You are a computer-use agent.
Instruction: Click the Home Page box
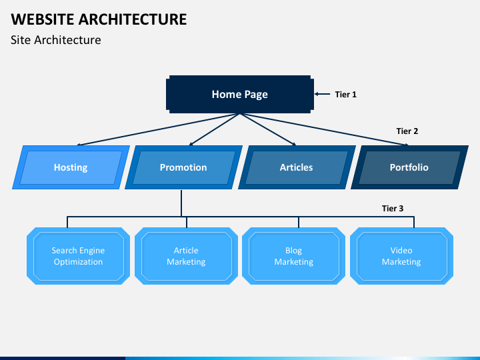tap(240, 94)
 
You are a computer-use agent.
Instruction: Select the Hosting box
tap(71, 167)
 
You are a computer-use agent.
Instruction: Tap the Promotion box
tap(184, 167)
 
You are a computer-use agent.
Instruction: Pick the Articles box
tap(297, 167)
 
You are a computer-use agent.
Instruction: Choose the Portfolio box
tap(409, 167)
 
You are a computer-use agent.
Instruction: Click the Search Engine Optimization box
tap(79, 256)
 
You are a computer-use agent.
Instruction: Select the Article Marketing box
tap(186, 256)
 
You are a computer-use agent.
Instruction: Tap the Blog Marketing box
tap(294, 256)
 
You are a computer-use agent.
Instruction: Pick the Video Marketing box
tap(401, 256)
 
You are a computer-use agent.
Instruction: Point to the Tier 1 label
tap(345, 94)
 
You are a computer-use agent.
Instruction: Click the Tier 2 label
tap(407, 131)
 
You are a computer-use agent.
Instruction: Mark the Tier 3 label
tap(393, 209)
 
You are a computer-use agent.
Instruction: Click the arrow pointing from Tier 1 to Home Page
tap(323, 94)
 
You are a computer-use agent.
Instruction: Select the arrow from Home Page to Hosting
tap(158, 129)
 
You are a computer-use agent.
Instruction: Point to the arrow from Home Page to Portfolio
tap(325, 129)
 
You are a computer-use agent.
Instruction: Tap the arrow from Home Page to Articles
tap(268, 129)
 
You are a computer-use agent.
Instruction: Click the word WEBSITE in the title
tap(43, 19)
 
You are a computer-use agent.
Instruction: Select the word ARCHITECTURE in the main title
tap(133, 19)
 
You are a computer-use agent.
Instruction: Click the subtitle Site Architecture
tap(56, 40)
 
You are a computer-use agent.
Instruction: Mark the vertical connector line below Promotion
tap(181, 203)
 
